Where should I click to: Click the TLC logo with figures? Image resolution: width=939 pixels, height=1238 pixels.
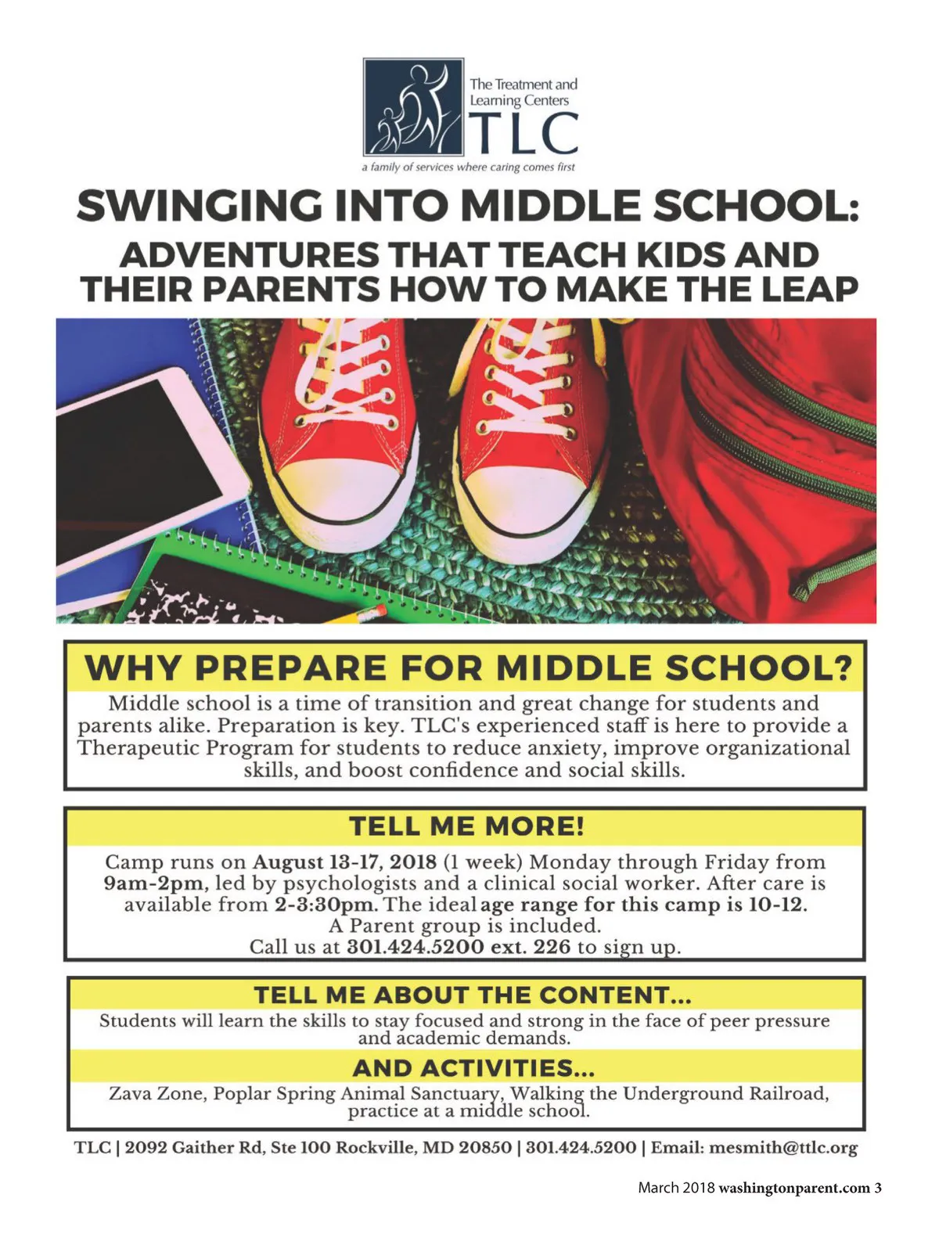(413, 106)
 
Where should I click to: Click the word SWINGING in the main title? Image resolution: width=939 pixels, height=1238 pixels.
(199, 207)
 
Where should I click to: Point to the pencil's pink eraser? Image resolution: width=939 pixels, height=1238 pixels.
(378, 608)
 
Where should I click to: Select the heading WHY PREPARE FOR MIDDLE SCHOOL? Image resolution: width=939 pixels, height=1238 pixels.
(467, 669)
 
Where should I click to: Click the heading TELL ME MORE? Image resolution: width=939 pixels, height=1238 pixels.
(466, 826)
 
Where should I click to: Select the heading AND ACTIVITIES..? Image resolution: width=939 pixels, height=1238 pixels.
(473, 1067)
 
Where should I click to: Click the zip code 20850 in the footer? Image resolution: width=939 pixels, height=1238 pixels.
(485, 1148)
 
